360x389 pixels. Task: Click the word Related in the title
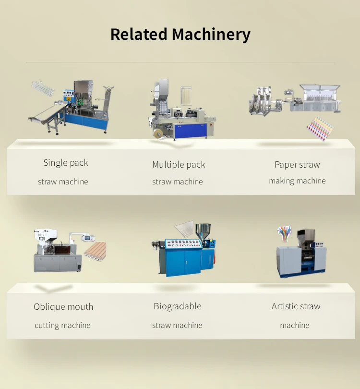[139, 35]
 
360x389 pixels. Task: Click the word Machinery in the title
[211, 35]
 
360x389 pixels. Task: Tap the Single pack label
[66, 163]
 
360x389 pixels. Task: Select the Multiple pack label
[179, 165]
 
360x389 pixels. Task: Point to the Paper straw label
[297, 165]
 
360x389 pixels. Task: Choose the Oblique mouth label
[63, 307]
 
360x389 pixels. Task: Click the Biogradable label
[178, 306]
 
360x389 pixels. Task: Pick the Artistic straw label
[296, 306]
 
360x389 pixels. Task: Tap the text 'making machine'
[297, 181]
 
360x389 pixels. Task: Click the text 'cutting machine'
[62, 326]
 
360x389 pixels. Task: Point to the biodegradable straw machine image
[185, 252]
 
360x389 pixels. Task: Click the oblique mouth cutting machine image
[58, 252]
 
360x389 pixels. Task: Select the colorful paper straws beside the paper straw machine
[321, 129]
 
